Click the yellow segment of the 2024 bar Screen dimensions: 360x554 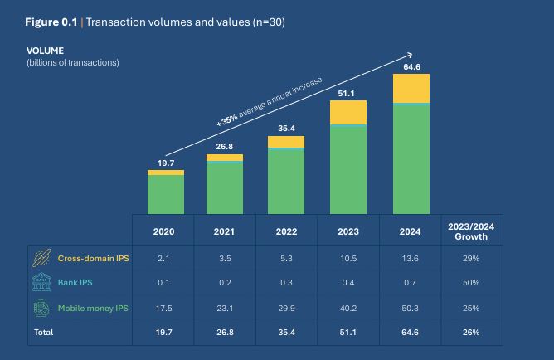(x=411, y=88)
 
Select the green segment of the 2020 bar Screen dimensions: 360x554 (x=165, y=194)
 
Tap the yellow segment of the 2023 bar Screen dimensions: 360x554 (x=347, y=112)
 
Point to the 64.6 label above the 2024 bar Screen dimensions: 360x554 (x=411, y=66)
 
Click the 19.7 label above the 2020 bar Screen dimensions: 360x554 (x=165, y=163)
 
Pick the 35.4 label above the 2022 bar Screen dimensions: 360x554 (x=286, y=129)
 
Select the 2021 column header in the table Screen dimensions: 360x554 (x=225, y=231)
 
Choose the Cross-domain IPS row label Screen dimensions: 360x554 (x=93, y=259)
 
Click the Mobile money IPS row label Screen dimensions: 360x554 (x=92, y=309)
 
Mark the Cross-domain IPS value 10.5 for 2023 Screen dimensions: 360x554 (x=347, y=259)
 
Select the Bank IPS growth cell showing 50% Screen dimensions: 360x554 (x=471, y=284)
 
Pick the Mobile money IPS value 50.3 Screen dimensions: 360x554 (x=410, y=309)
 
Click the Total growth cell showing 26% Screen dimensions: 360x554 (x=471, y=333)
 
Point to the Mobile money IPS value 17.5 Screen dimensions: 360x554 (x=164, y=309)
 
